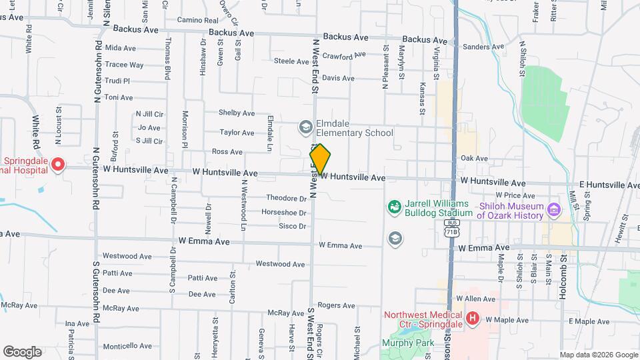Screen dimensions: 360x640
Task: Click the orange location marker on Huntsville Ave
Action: point(320,159)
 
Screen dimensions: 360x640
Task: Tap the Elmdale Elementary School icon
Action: point(305,127)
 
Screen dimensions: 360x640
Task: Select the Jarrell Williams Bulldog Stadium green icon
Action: point(395,207)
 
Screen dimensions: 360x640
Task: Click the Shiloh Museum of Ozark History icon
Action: point(553,211)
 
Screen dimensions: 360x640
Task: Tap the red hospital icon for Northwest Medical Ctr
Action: point(473,319)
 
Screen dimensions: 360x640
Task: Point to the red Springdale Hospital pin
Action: point(58,164)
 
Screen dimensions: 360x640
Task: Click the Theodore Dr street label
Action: point(286,199)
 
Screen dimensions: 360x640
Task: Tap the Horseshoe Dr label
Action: point(283,213)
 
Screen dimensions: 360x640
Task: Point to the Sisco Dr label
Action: point(292,227)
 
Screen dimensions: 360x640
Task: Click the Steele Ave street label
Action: point(291,61)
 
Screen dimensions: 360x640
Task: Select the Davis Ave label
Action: point(338,78)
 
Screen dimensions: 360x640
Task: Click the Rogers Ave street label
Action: point(336,305)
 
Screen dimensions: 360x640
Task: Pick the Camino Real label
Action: point(197,21)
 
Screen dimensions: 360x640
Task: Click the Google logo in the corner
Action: point(23,351)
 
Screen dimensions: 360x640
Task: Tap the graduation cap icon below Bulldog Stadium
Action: point(395,238)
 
